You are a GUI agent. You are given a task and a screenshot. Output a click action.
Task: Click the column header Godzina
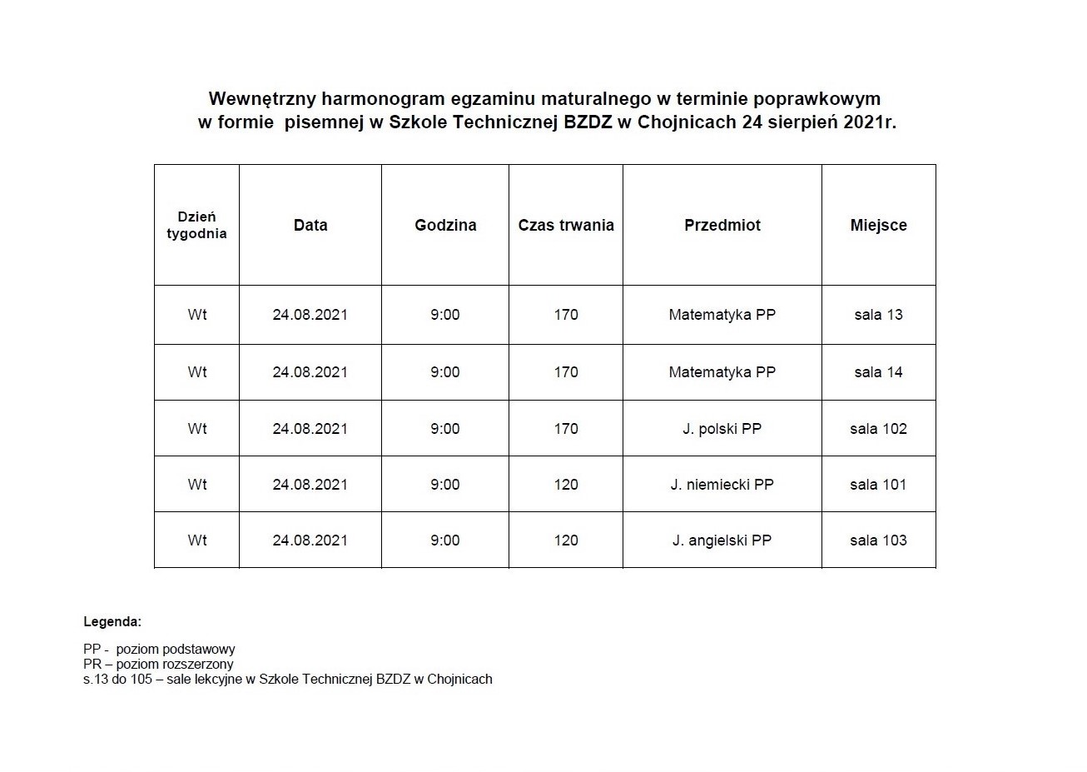pos(445,225)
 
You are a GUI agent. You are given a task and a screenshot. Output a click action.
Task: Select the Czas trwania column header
pos(566,225)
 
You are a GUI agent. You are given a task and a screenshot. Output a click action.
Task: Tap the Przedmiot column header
pos(722,225)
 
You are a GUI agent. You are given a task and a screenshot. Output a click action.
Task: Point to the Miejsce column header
pos(879,225)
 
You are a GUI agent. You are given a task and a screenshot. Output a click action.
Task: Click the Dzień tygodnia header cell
pos(196,225)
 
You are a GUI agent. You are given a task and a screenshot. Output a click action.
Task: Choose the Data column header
pos(310,225)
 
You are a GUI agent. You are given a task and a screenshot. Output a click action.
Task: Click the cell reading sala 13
pos(879,315)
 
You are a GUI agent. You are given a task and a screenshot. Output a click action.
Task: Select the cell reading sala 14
pos(879,372)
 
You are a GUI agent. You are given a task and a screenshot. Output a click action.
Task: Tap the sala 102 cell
pos(879,429)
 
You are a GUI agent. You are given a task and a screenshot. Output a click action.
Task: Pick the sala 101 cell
pos(879,485)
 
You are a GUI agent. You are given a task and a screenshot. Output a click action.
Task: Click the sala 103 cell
pos(879,540)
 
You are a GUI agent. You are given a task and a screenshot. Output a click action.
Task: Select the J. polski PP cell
pos(722,429)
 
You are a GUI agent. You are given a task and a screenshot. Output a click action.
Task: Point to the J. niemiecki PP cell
pos(722,485)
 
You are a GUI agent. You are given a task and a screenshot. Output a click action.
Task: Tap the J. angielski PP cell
pos(722,540)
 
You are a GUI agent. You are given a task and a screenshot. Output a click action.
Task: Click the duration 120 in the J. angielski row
pos(566,540)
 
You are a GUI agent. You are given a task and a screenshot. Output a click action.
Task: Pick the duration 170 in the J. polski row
pos(566,429)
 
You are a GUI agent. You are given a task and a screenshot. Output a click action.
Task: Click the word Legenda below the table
pos(112,621)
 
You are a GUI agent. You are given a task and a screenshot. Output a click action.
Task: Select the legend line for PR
pos(158,665)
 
